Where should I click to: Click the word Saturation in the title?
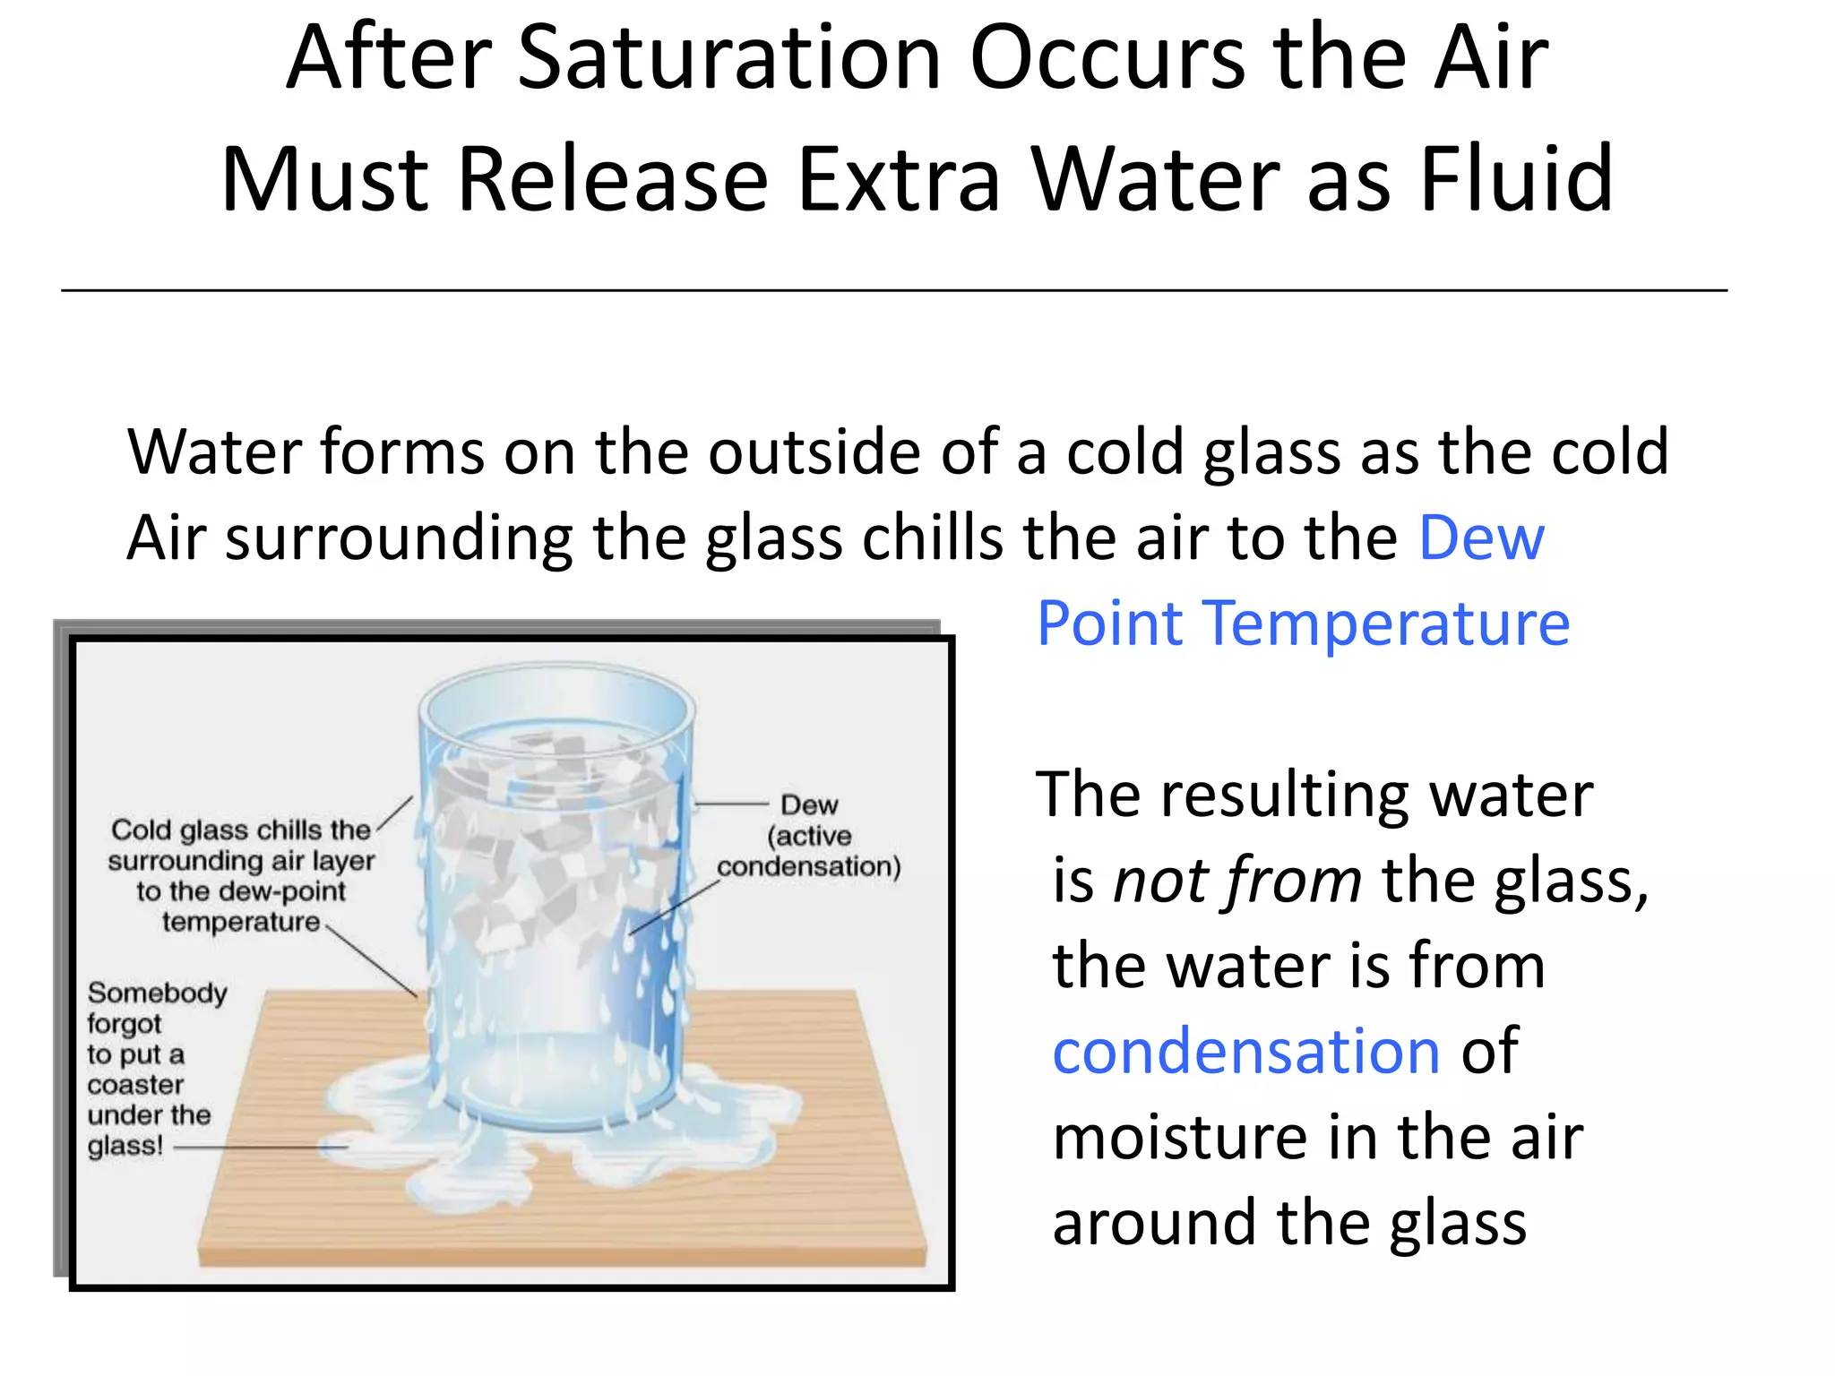click(729, 58)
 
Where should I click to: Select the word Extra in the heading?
click(898, 179)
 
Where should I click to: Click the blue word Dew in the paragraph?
click(1482, 537)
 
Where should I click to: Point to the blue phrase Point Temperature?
click(1303, 623)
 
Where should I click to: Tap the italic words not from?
click(1236, 880)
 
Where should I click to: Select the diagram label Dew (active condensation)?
click(808, 836)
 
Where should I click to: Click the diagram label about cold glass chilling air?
click(240, 875)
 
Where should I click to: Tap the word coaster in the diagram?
click(135, 1085)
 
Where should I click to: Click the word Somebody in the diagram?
click(158, 993)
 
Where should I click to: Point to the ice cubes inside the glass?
click(538, 851)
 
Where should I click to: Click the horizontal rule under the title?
click(894, 290)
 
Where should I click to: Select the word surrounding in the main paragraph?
click(399, 539)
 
